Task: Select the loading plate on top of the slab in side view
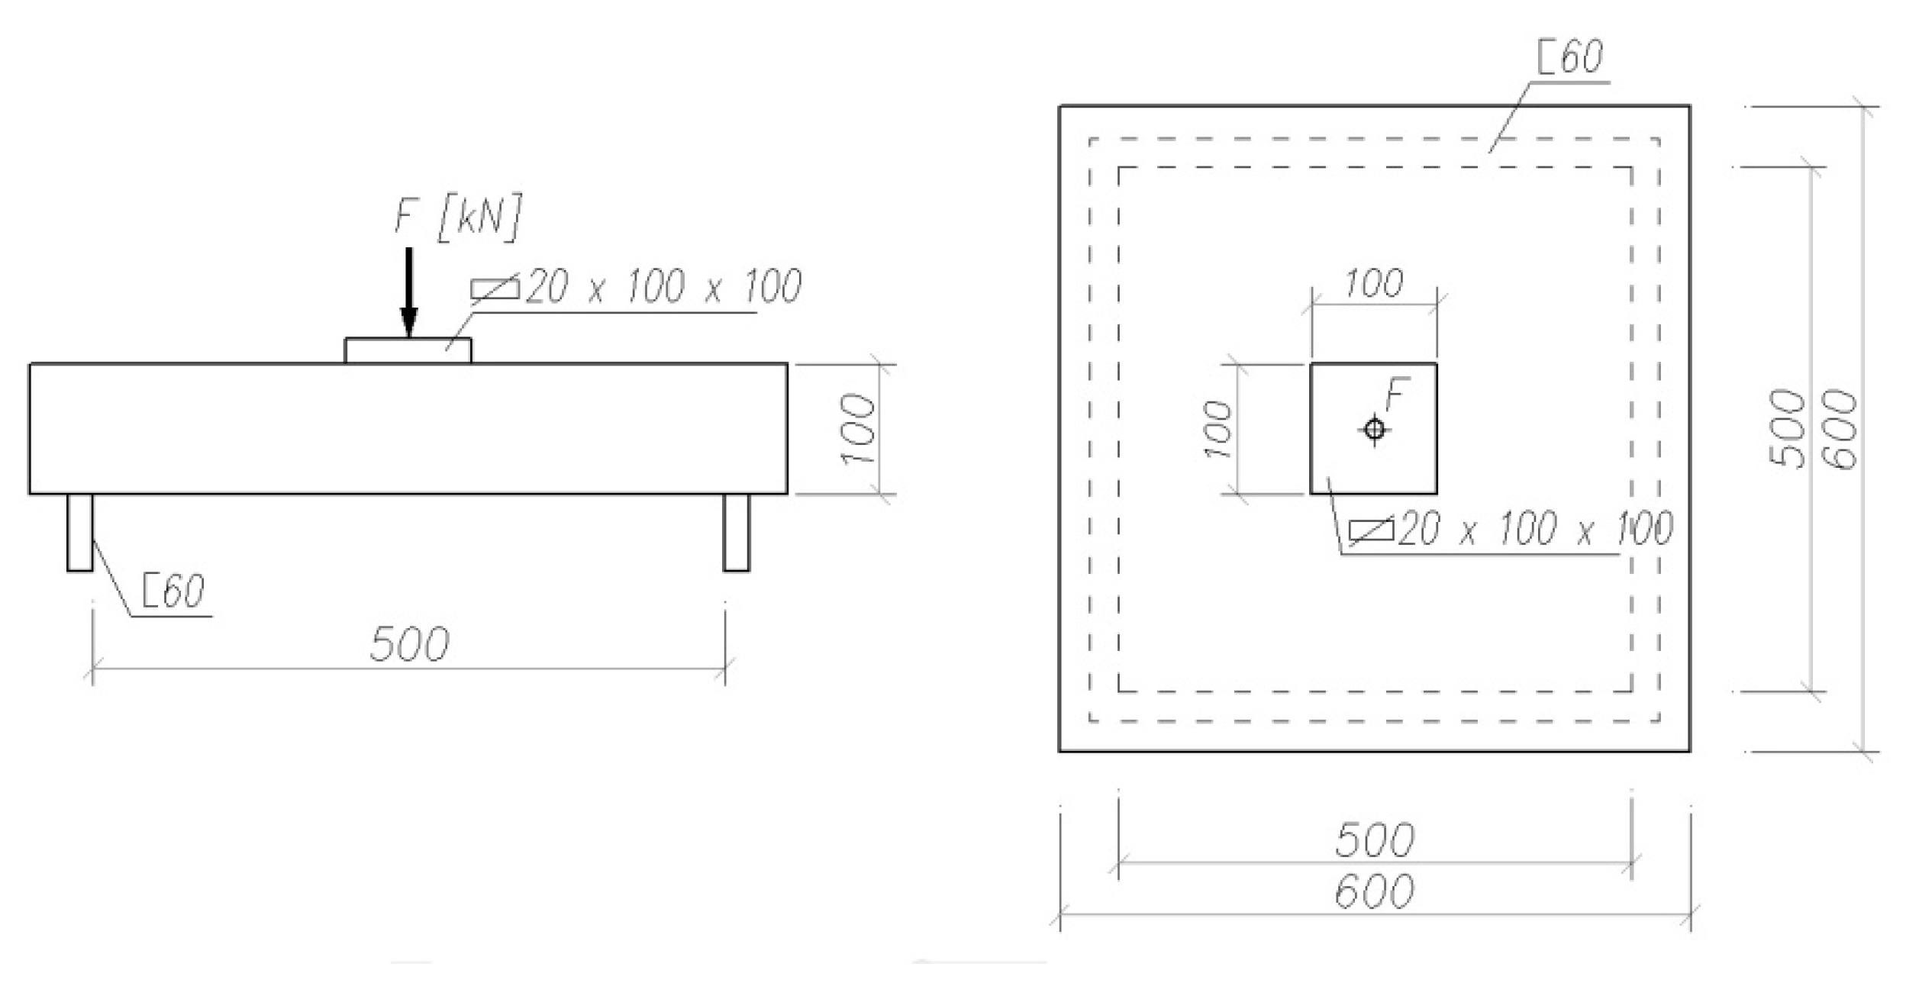point(408,350)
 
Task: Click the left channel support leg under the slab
point(79,532)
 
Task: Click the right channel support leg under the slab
point(736,532)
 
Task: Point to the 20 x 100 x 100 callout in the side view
point(663,288)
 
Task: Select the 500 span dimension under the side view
point(409,645)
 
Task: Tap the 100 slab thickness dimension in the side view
point(858,429)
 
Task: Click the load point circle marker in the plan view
point(1375,430)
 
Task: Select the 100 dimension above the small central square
point(1373,284)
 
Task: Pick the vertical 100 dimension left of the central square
point(1219,430)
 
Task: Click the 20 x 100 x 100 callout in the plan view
point(1534,529)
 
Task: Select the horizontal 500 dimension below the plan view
point(1375,840)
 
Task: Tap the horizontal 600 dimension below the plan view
point(1375,891)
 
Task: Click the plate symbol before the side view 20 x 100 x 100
point(495,288)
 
